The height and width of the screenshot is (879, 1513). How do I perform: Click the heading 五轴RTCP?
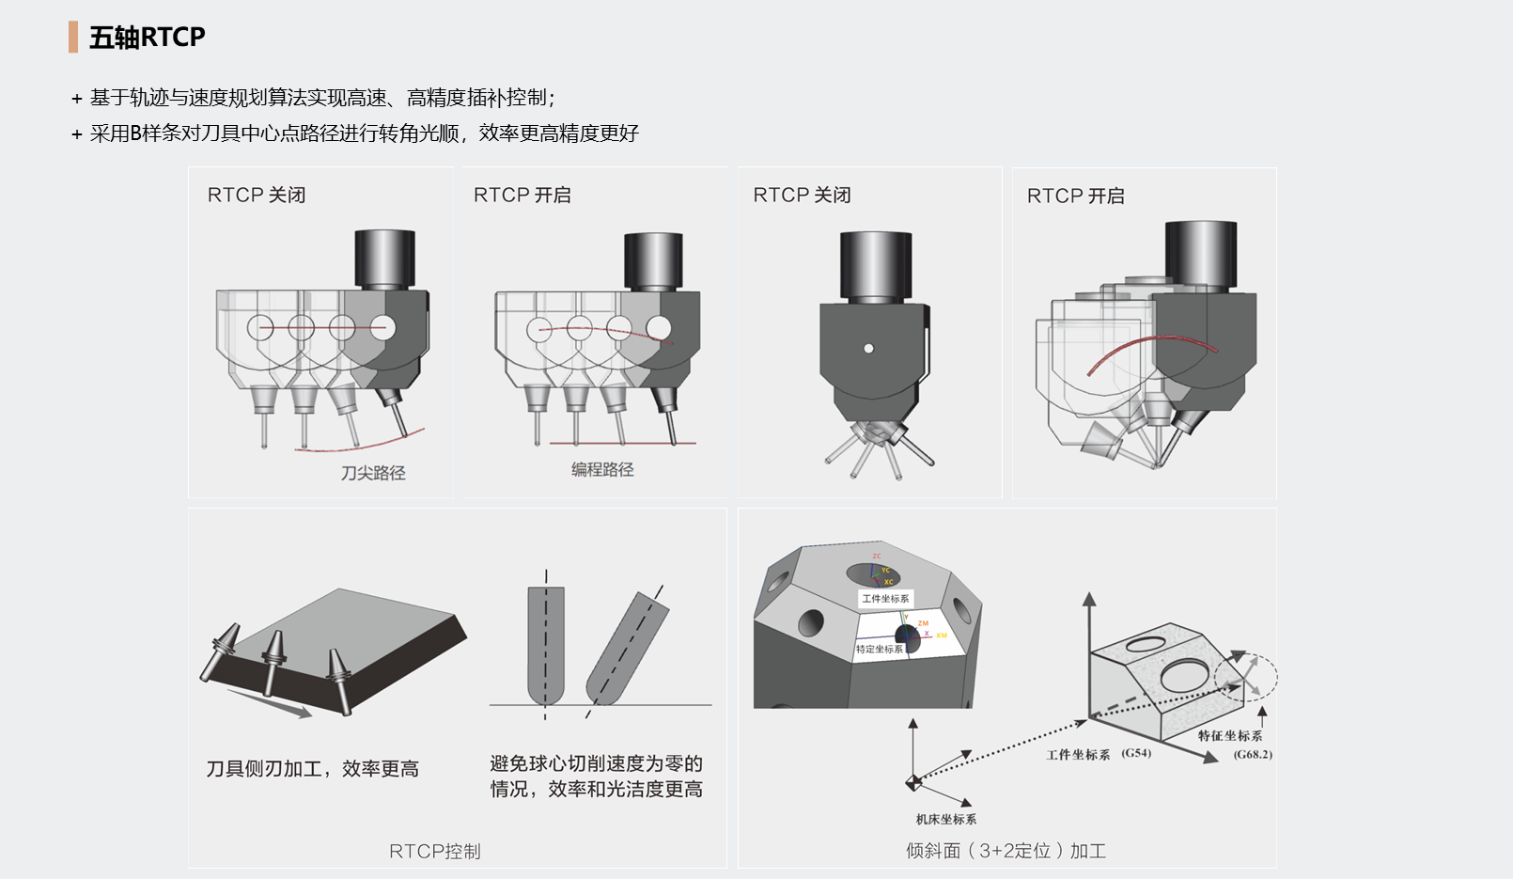(147, 38)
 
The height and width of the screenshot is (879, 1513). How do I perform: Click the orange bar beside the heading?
(73, 38)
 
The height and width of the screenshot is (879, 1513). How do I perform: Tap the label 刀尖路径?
(373, 473)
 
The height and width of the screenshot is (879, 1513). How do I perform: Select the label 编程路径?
(602, 469)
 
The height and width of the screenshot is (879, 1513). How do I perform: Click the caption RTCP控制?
(435, 851)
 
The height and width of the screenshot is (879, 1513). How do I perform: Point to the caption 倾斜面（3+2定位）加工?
(1006, 851)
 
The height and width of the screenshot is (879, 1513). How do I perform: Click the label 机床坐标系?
(945, 819)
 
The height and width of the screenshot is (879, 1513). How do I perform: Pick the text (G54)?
(1136, 753)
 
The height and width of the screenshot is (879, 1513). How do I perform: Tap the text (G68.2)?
(1253, 754)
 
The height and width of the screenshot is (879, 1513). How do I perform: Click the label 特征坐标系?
(1229, 735)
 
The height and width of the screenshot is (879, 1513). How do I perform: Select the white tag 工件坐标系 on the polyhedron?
(885, 599)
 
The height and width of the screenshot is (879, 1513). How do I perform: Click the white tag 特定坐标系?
(879, 649)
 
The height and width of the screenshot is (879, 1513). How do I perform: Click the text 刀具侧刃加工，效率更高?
(313, 769)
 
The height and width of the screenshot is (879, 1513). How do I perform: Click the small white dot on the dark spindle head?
(869, 349)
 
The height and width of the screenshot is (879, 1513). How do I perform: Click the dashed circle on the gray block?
(1245, 675)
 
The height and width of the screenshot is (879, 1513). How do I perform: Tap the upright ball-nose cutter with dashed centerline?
(545, 644)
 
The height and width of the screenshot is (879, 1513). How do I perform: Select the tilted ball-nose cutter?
(627, 649)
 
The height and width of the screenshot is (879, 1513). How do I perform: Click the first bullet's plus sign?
(77, 99)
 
